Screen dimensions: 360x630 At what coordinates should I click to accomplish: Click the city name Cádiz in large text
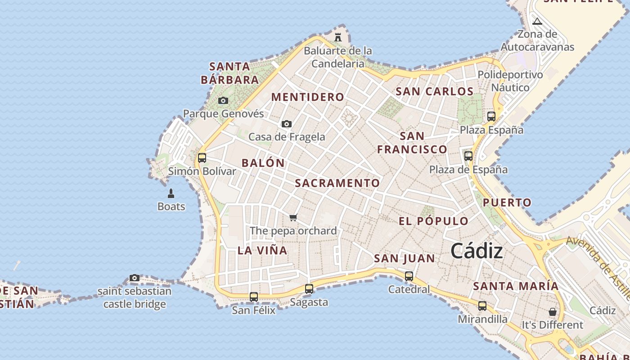[477, 251]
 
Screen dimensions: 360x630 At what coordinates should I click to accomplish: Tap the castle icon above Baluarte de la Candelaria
[338, 37]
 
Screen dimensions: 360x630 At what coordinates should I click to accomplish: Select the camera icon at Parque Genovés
[223, 100]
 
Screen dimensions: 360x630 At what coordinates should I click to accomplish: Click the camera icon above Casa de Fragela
[287, 124]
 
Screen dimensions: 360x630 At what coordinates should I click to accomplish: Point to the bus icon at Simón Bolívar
[202, 158]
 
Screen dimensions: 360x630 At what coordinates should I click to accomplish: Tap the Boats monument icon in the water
[171, 193]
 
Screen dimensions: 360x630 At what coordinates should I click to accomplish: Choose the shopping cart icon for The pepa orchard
[293, 218]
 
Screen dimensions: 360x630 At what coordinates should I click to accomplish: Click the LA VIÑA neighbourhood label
[262, 251]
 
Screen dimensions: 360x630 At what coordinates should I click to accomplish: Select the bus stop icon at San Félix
[254, 297]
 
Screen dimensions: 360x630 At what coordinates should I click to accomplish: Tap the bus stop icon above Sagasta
[309, 289]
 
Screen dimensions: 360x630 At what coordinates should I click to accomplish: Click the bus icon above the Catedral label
[409, 276]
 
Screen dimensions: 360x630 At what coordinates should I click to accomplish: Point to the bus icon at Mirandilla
[482, 306]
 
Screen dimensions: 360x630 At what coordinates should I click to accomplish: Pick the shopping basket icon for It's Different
[553, 312]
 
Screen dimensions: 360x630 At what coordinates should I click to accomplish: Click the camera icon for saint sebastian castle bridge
[135, 278]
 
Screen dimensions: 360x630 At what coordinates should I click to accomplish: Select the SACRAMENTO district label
[337, 183]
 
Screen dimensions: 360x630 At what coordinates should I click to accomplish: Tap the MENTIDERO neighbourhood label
[308, 97]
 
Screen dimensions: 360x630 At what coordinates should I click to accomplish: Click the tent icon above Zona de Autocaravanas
[537, 21]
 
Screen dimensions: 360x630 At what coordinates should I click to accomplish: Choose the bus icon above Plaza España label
[491, 117]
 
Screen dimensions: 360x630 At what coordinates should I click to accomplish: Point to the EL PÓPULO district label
[434, 221]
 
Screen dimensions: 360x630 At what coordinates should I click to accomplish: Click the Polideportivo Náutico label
[510, 81]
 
